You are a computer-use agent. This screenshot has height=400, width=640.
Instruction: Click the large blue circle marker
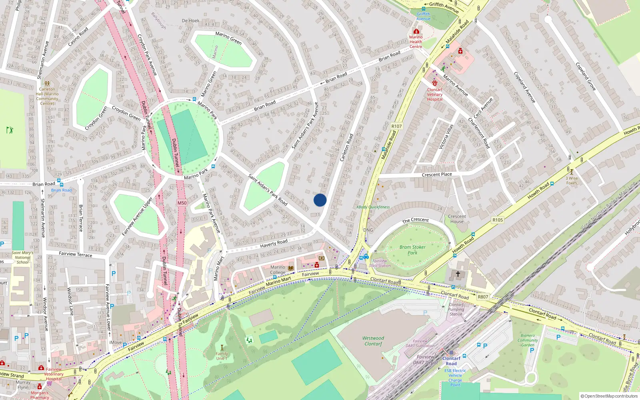coord(320,200)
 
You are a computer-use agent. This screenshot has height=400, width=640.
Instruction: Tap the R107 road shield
coord(396,126)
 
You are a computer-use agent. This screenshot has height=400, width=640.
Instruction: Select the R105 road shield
coord(498,220)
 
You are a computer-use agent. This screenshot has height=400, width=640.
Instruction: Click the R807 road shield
coord(483,297)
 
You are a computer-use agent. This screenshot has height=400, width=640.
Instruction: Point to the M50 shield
coord(182,203)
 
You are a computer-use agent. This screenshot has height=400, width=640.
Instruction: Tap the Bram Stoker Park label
coord(412,250)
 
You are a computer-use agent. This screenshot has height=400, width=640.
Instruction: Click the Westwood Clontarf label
coord(373,341)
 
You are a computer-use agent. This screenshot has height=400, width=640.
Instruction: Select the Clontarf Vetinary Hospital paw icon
coord(434,83)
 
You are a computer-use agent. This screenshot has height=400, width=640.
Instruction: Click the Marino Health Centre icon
coord(416,31)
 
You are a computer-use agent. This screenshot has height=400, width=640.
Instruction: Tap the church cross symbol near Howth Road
coord(458,274)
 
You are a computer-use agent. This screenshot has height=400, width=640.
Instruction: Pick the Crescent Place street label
coord(437,174)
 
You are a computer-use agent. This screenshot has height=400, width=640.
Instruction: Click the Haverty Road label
coord(274,243)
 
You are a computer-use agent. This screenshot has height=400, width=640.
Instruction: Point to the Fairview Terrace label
coord(75,254)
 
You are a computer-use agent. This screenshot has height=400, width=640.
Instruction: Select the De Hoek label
coord(190,20)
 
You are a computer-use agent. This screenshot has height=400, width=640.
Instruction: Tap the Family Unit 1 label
coord(222,356)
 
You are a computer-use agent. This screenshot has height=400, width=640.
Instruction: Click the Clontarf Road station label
coord(451,361)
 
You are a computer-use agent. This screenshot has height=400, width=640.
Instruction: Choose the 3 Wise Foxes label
coord(572,180)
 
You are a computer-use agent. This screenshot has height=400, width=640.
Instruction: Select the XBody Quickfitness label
coord(373,207)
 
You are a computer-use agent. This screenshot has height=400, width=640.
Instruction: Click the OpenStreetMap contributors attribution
coord(609,396)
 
